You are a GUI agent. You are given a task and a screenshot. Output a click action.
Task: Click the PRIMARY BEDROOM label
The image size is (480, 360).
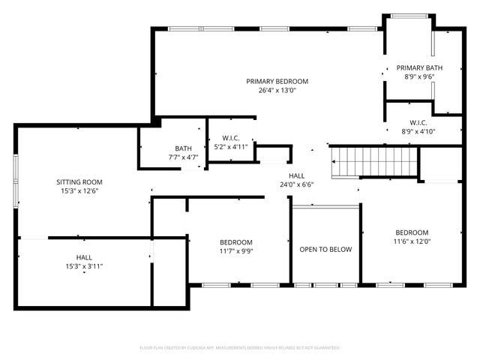tap(277, 81)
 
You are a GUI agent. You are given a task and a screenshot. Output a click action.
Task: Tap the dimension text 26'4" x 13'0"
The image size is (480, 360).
tap(277, 91)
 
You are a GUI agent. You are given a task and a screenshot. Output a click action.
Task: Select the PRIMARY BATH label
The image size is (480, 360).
tap(419, 67)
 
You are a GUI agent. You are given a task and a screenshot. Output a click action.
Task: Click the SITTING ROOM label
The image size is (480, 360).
tap(79, 181)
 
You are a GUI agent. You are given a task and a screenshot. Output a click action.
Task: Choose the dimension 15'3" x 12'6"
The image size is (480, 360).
tap(79, 191)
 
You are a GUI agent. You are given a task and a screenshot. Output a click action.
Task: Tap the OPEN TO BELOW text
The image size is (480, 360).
tap(325, 250)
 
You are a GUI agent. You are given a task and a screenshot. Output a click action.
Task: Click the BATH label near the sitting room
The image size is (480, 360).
tap(183, 148)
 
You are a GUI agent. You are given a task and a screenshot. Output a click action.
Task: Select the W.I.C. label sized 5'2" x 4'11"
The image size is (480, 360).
tap(230, 137)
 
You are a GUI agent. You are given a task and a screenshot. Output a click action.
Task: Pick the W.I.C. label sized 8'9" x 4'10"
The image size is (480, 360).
tap(418, 122)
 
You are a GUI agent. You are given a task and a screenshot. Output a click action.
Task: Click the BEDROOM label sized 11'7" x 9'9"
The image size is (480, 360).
tap(236, 242)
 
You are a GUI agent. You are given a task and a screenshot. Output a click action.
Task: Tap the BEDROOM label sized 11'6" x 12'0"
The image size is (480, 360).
tap(412, 232)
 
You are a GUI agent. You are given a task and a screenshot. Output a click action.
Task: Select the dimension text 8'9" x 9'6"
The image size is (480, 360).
tap(419, 76)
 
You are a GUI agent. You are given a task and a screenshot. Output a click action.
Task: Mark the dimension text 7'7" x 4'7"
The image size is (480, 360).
tap(183, 157)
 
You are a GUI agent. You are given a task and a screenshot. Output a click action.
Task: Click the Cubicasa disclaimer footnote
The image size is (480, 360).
tap(240, 348)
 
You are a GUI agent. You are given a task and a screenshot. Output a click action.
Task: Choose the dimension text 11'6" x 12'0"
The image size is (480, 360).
tap(412, 241)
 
